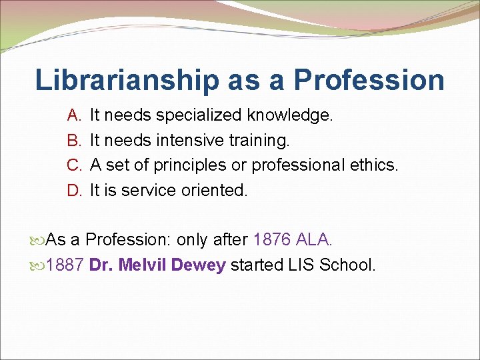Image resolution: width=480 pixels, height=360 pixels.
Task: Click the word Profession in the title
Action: [369, 80]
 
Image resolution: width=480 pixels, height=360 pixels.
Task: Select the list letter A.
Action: [74, 115]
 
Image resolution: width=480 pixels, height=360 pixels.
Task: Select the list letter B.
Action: [74, 141]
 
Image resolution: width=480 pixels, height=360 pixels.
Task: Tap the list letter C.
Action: [74, 165]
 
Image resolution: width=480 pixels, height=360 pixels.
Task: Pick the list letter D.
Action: [74, 191]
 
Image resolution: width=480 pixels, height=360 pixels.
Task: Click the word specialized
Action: [200, 116]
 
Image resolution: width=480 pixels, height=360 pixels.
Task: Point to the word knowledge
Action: [290, 115]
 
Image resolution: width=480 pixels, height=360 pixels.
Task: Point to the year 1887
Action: [65, 265]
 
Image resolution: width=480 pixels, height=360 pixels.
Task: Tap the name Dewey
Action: [199, 265]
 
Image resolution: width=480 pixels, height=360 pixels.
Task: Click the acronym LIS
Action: [302, 265]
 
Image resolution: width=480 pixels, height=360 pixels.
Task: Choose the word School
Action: [348, 265]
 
